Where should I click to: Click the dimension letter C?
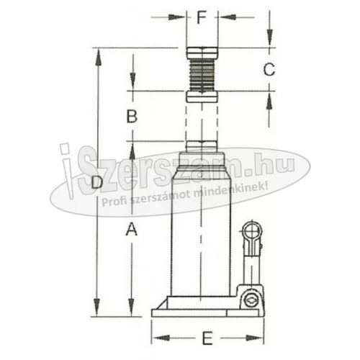[x=269, y=70]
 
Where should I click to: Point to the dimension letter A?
[x=132, y=230]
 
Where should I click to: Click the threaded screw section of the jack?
[x=202, y=74]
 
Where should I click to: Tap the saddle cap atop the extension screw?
[x=202, y=53]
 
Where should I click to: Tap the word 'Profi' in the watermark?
[x=115, y=202]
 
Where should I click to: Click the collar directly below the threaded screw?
[x=202, y=96]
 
